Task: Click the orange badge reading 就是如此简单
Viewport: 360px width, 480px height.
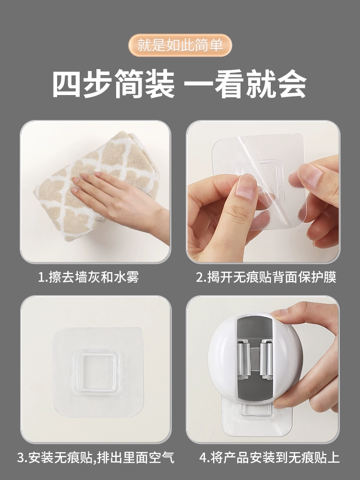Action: (180, 45)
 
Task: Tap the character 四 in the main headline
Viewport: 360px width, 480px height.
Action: (67, 84)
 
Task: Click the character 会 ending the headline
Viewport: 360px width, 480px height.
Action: (292, 84)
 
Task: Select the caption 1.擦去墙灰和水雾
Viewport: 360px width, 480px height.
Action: (89, 277)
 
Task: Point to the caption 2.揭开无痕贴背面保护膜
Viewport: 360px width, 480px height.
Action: (266, 277)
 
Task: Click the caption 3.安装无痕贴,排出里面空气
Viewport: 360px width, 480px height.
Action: (96, 458)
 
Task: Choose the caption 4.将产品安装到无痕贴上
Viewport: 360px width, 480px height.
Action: (269, 458)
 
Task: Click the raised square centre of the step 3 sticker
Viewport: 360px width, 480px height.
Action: (98, 372)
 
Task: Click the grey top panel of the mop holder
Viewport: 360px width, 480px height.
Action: (254, 327)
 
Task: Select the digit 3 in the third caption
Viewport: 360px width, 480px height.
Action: (21, 458)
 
